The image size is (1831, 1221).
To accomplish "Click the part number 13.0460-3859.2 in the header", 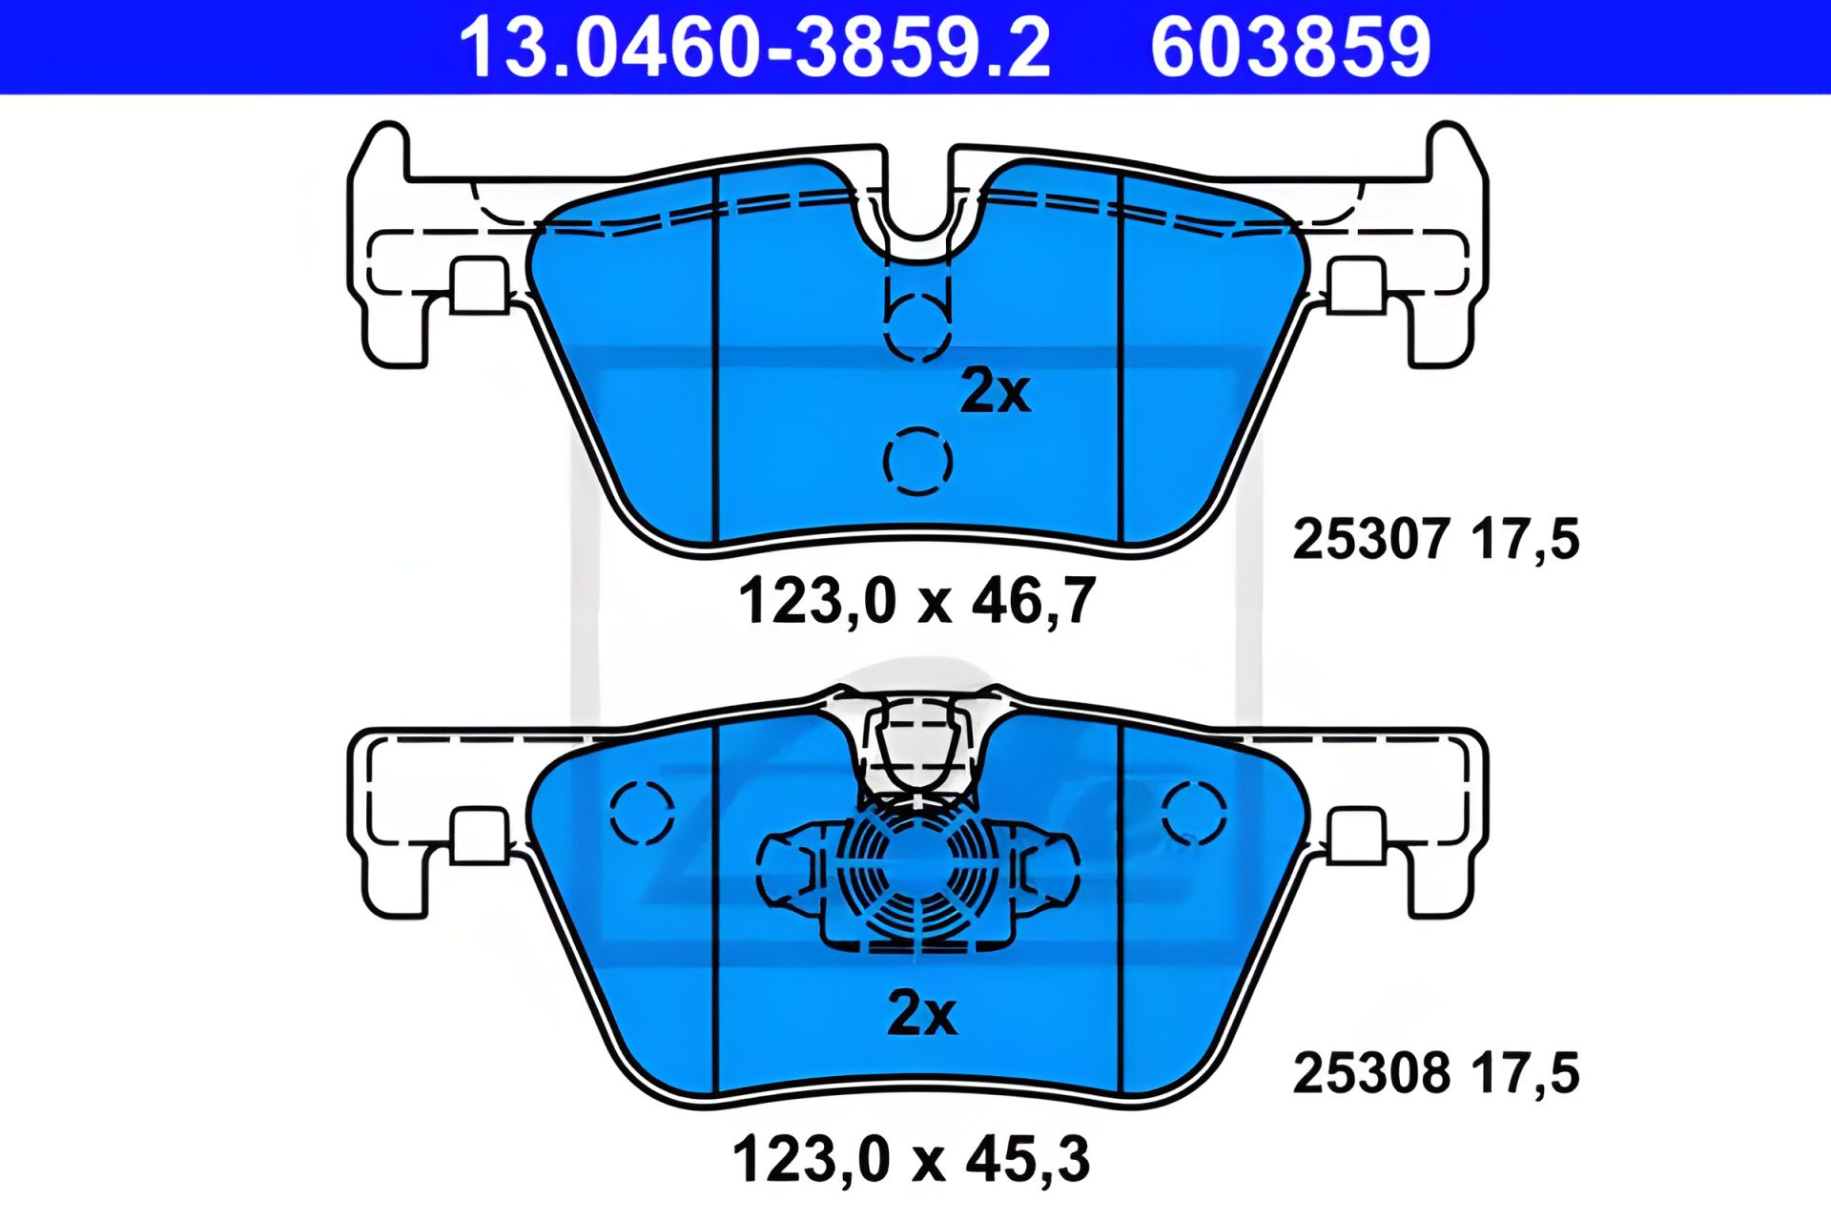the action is pyautogui.click(x=754, y=47).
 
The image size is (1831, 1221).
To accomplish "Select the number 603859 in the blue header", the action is pyautogui.click(x=1290, y=47).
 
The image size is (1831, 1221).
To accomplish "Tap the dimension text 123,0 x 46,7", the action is pyautogui.click(x=916, y=601).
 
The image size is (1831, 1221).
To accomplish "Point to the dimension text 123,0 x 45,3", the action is pyautogui.click(x=911, y=1159).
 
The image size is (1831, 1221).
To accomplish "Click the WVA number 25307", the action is pyautogui.click(x=1371, y=539).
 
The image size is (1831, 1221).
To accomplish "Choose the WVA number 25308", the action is pyautogui.click(x=1371, y=1073).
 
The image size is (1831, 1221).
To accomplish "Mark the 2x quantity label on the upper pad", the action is pyautogui.click(x=995, y=391).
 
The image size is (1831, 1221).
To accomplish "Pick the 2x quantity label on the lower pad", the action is pyautogui.click(x=921, y=1013).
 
